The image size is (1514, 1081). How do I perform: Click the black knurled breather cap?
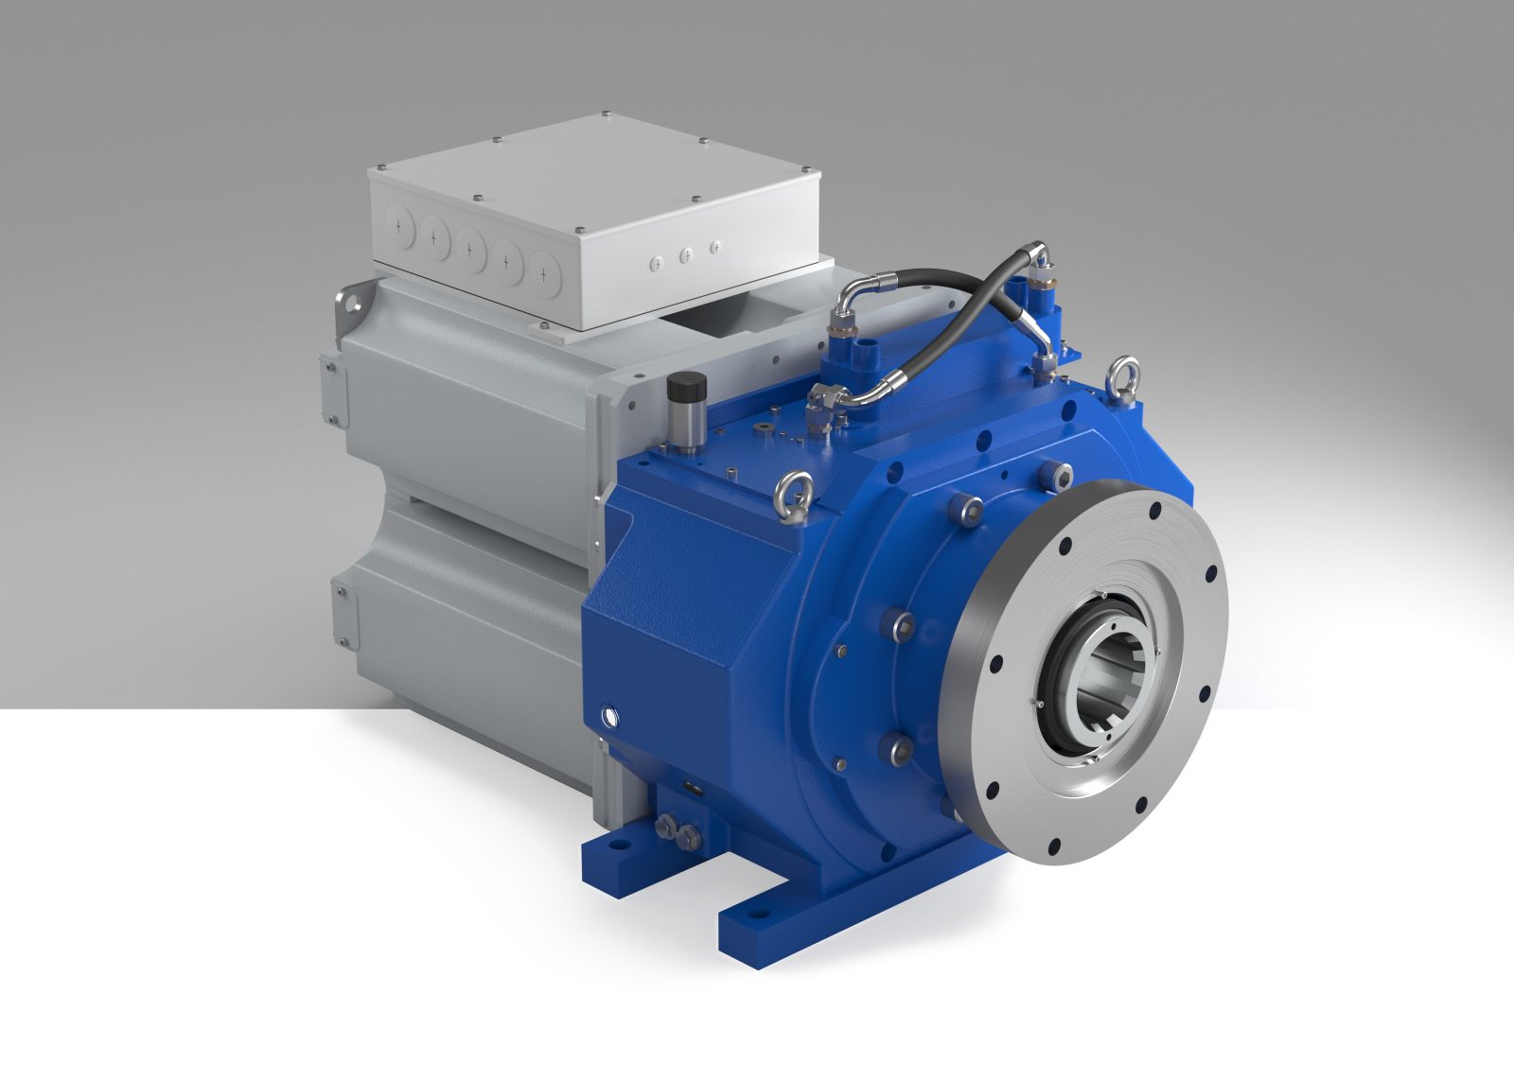tap(681, 389)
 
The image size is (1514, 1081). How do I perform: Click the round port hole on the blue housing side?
tap(607, 709)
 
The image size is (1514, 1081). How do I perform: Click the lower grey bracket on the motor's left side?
tap(344, 615)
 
